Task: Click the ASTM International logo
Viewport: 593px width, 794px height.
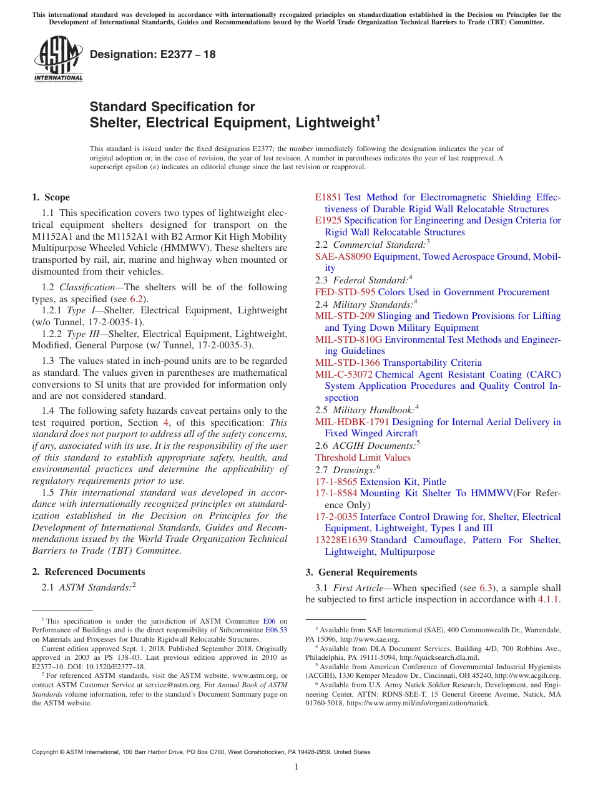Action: pyautogui.click(x=58, y=60)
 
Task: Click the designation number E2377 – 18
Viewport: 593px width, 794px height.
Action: pyautogui.click(x=153, y=54)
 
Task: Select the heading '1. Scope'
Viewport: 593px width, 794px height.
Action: pyautogui.click(x=51, y=197)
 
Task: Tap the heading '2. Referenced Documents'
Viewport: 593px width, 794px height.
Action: pyautogui.click(x=88, y=572)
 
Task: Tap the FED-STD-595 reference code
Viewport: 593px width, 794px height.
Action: pyautogui.click(x=345, y=292)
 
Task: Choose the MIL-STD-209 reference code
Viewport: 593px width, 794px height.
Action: pyautogui.click(x=345, y=316)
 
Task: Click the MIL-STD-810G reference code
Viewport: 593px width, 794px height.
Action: pyautogui.click(x=348, y=340)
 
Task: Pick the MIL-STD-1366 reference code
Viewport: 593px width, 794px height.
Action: pyautogui.click(x=347, y=363)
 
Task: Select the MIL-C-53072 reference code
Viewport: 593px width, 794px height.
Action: pyautogui.click(x=344, y=375)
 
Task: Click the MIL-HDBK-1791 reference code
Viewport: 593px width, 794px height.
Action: pyautogui.click(x=352, y=422)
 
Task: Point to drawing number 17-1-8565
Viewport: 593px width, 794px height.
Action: pyautogui.click(x=336, y=482)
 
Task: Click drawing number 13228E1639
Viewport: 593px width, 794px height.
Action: pyautogui.click(x=341, y=540)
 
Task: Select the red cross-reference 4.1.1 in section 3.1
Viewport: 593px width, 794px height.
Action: pyautogui.click(x=549, y=600)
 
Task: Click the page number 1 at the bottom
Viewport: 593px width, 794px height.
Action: pyautogui.click(x=296, y=767)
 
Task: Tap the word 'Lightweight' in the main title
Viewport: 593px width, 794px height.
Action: pyautogui.click(x=333, y=123)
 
